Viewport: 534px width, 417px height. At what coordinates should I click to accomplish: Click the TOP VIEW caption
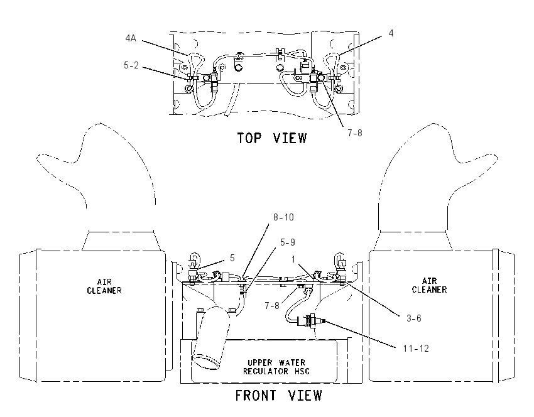272,138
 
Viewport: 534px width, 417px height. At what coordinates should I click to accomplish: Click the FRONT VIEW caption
278,396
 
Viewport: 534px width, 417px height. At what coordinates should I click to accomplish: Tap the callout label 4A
131,38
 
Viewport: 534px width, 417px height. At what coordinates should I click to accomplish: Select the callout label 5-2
131,65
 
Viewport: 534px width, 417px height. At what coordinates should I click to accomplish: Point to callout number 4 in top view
391,33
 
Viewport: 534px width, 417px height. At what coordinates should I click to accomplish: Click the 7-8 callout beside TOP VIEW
355,133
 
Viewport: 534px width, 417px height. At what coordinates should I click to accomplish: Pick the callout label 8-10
283,217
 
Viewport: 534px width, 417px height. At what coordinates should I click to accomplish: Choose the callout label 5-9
288,242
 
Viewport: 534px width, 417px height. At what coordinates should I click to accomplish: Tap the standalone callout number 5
232,258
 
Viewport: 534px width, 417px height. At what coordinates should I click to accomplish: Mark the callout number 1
293,260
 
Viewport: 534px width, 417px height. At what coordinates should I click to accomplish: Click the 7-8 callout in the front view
272,306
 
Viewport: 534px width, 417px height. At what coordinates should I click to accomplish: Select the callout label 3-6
414,318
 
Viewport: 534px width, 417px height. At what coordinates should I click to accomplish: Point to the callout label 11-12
416,349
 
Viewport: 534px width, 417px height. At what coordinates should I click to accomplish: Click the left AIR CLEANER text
104,286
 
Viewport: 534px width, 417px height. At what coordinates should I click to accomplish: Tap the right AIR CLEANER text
429,285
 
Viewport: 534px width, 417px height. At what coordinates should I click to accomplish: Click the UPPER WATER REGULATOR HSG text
276,367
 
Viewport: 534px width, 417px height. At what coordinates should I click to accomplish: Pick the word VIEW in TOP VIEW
290,138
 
